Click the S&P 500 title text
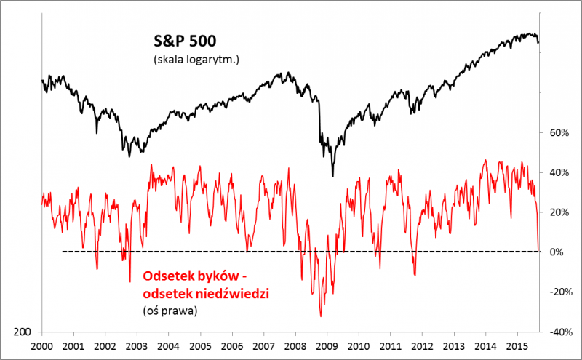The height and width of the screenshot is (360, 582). coord(186,42)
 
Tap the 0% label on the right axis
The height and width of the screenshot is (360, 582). coord(557,252)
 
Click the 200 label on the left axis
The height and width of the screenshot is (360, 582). coord(23,332)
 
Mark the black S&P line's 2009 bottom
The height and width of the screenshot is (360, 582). coord(332,176)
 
